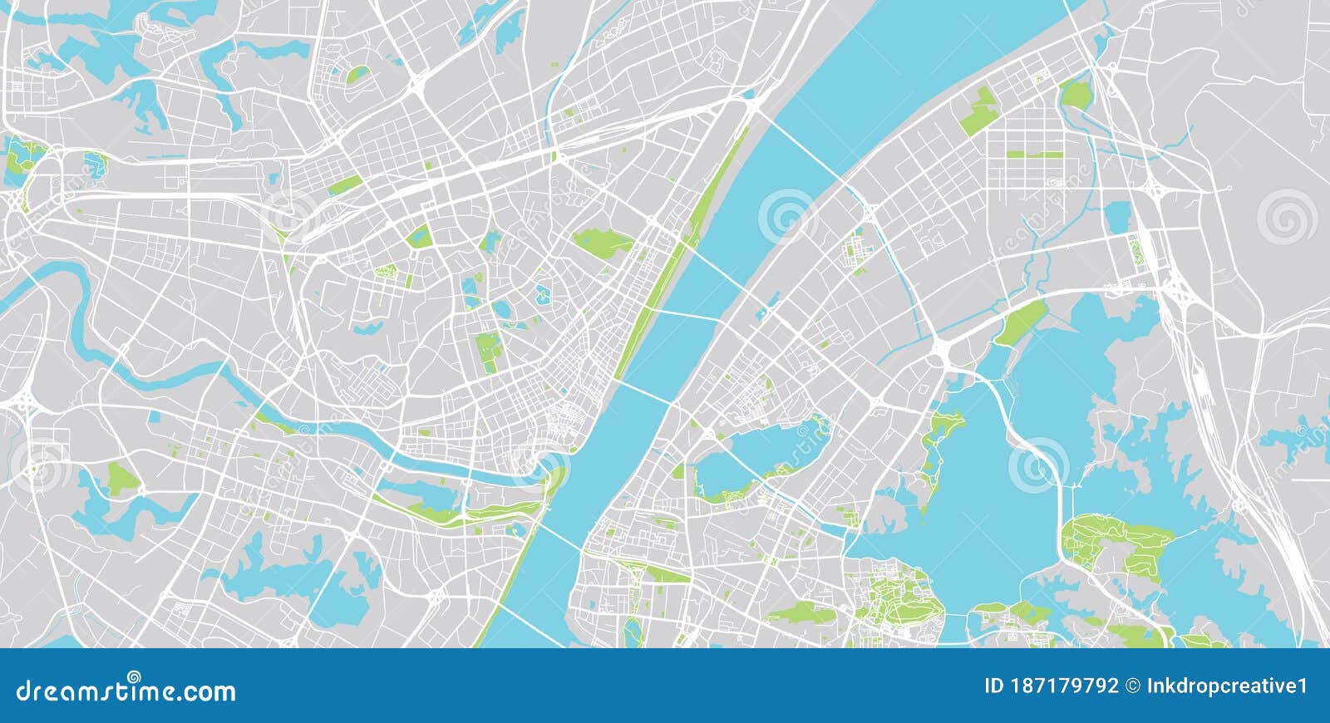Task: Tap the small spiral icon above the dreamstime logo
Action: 133,676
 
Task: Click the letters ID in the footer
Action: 994,686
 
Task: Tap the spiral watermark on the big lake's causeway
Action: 1037,465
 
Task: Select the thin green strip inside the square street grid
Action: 1034,154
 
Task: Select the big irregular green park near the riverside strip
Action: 603,242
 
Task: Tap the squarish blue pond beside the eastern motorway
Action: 1119,218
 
